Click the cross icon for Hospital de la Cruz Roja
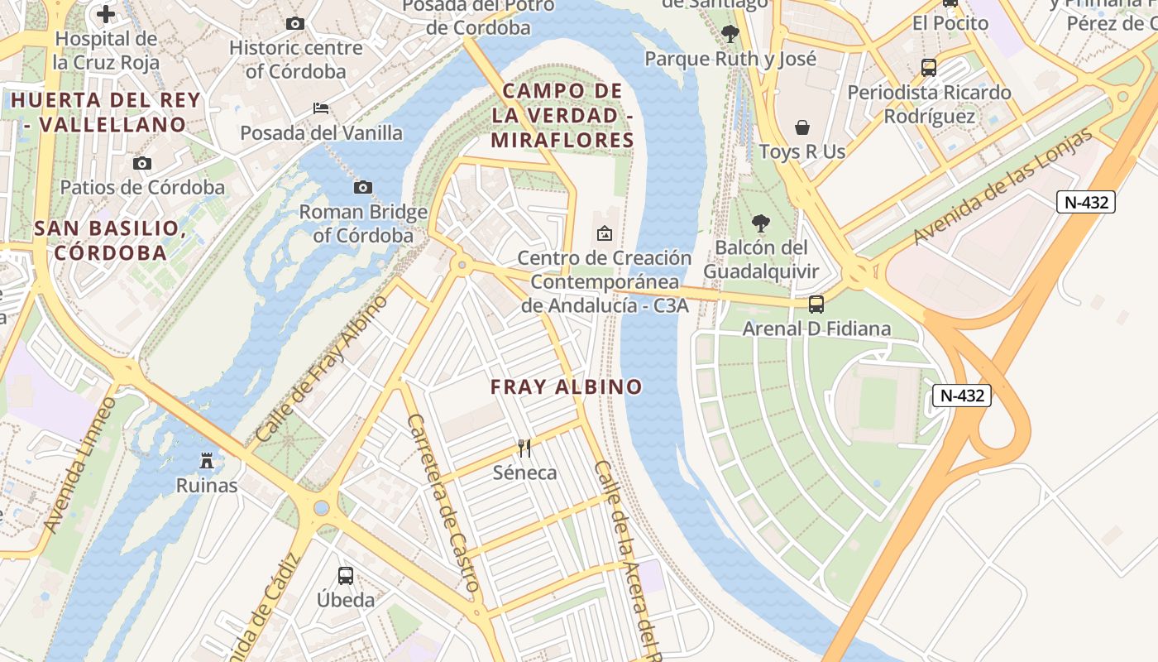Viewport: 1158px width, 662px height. coord(106,14)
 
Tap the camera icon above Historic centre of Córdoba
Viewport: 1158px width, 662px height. coord(295,24)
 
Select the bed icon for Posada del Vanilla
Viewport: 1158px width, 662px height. coord(321,108)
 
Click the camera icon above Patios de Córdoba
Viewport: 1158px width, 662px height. coord(142,163)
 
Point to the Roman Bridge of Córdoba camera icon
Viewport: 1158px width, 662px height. coord(362,188)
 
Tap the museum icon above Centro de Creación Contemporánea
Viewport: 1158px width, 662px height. coord(605,233)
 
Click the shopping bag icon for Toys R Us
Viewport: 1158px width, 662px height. coord(802,127)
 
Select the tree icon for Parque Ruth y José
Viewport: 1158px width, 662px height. coord(730,34)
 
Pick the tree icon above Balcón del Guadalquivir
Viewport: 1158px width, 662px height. coord(761,223)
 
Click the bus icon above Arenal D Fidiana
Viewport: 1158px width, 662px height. coord(816,305)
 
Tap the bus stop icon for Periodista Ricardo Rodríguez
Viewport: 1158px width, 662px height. coord(929,68)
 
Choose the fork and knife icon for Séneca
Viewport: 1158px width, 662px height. coord(524,449)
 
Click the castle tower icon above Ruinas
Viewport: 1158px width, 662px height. coord(207,461)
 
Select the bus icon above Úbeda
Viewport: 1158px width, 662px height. coord(346,575)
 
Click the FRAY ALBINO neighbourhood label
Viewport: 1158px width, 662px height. coord(566,387)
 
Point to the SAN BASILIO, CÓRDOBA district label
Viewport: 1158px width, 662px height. coord(108,240)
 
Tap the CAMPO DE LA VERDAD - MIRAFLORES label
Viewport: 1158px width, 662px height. coord(562,116)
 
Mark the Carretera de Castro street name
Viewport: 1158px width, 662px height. coord(443,502)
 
